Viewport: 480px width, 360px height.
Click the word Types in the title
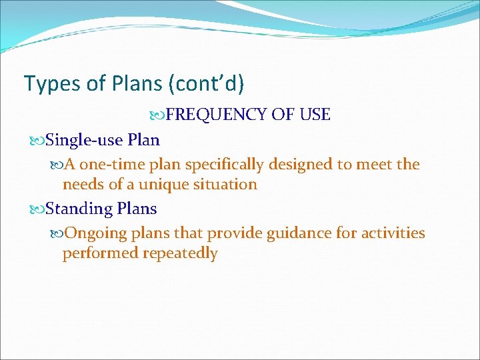tap(45, 83)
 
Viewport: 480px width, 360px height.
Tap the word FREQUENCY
tap(217, 115)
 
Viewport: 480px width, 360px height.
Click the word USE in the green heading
tap(315, 115)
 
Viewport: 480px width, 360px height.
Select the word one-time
tap(114, 164)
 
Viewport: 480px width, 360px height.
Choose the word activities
tap(393, 233)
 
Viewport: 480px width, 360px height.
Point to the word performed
tap(96, 253)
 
